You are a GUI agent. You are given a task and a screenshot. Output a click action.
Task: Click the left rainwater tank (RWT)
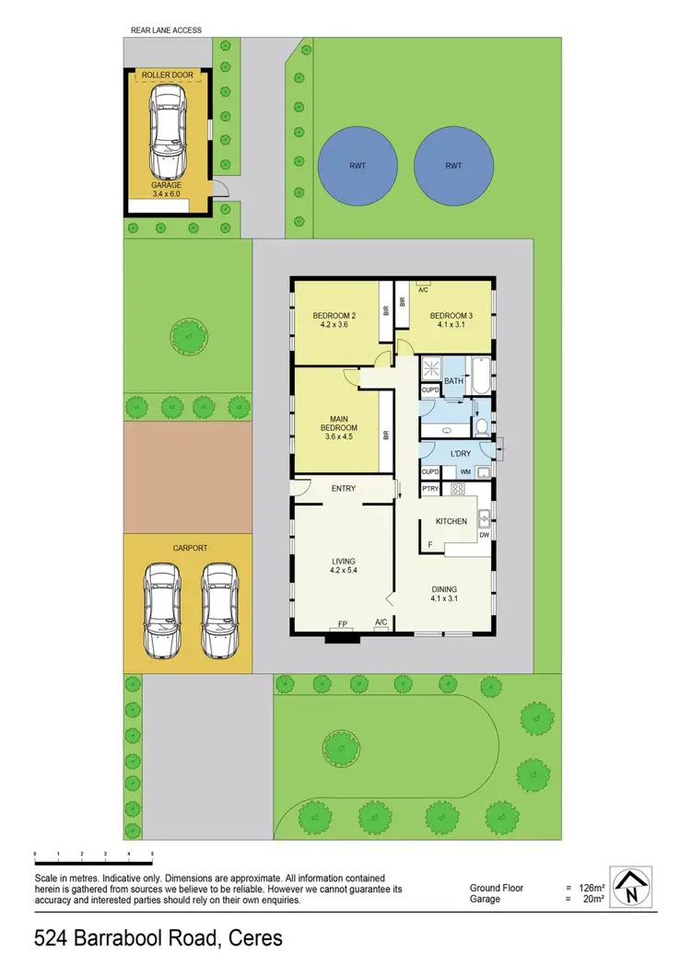(357, 167)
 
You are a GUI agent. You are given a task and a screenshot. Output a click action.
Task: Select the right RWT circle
(452, 167)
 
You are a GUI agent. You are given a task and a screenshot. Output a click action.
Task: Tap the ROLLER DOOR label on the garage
(166, 75)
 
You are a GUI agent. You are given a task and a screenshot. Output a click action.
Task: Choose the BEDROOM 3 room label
(452, 320)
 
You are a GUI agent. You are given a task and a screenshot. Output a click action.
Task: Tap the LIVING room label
(344, 565)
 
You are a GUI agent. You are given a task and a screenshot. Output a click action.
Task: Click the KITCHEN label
(451, 521)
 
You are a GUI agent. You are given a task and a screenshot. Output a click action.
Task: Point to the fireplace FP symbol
(343, 624)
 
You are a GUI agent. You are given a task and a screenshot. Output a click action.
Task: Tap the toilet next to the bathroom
(480, 426)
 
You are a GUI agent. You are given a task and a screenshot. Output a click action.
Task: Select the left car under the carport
(161, 610)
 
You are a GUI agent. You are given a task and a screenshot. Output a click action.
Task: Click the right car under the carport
(219, 610)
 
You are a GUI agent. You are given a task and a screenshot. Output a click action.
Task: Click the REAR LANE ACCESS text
(166, 30)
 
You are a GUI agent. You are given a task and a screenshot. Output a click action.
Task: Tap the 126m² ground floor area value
(589, 888)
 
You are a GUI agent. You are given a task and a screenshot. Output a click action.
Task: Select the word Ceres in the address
(251, 939)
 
